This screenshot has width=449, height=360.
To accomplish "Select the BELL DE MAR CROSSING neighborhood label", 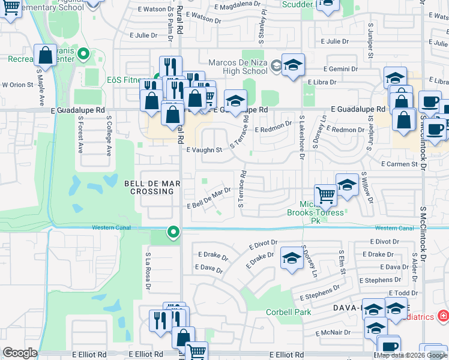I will [x=149, y=187].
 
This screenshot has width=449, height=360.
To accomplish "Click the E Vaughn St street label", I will [x=205, y=150].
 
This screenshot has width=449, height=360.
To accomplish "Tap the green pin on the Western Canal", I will [x=173, y=232].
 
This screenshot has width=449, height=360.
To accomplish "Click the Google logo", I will [x=20, y=353].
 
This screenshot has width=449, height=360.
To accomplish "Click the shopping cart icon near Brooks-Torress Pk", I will [x=325, y=194].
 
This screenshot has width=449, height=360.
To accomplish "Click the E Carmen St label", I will [x=399, y=164].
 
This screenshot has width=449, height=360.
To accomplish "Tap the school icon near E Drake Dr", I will [x=291, y=257].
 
